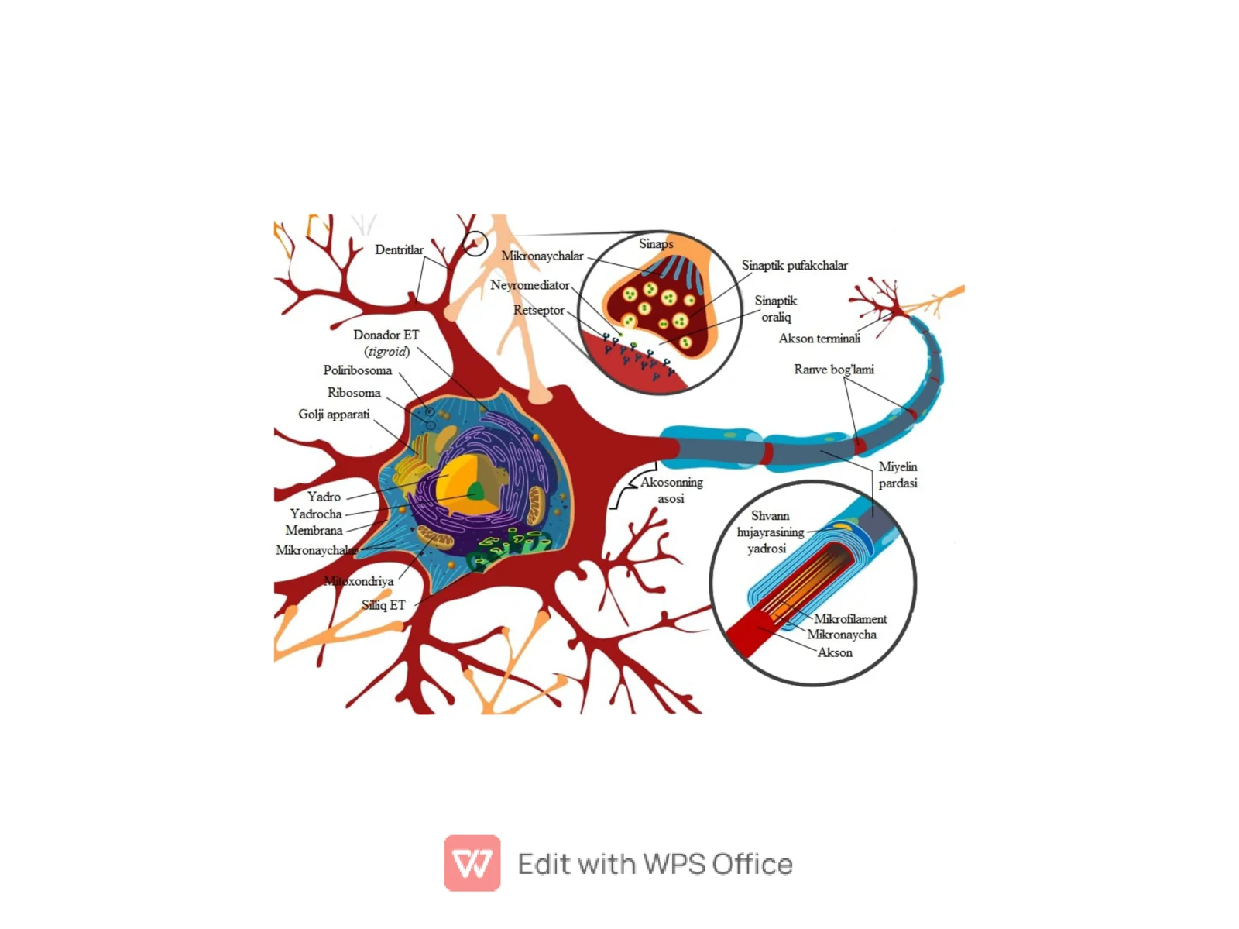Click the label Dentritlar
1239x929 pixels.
(x=399, y=249)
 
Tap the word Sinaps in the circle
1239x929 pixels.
(x=655, y=243)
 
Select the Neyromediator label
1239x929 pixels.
(x=529, y=284)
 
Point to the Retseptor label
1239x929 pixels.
(x=538, y=309)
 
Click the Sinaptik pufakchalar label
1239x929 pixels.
(x=794, y=265)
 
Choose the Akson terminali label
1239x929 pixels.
(x=819, y=338)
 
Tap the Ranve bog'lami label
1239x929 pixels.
(x=833, y=369)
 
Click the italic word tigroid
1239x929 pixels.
(x=386, y=351)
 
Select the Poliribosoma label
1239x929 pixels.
(x=357, y=370)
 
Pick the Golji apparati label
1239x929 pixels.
(x=333, y=414)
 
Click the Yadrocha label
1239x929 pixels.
(x=315, y=514)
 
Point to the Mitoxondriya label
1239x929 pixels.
(x=358, y=580)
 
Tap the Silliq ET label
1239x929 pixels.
(x=383, y=605)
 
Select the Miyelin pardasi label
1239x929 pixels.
(x=897, y=474)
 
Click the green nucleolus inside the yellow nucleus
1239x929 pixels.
(x=475, y=491)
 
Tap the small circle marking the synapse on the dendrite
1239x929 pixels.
(x=475, y=243)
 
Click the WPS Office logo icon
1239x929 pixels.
(x=472, y=862)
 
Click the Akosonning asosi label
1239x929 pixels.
(x=671, y=490)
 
